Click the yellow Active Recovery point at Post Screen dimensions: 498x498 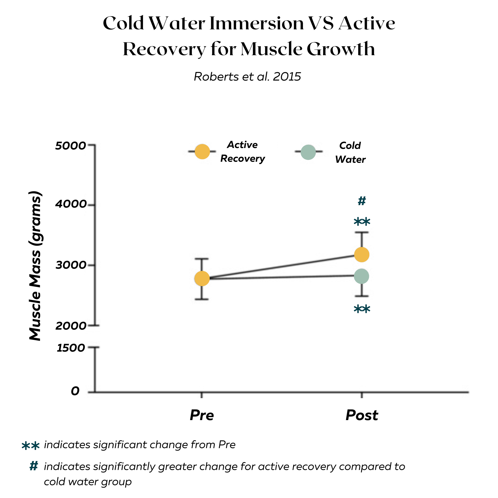coord(362,255)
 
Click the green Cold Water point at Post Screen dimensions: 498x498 coord(361,276)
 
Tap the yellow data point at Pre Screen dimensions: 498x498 coord(202,278)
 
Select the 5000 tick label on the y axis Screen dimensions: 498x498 coord(70,146)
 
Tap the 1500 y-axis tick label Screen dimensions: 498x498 coord(71,348)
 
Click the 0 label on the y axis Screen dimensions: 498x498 coord(75,391)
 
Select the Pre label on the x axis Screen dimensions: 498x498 coord(202,415)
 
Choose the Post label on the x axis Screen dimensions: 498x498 coord(362,415)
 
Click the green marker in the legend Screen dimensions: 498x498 coord(308,152)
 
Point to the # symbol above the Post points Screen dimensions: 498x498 coord(362,201)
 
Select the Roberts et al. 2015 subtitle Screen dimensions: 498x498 coord(247,76)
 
